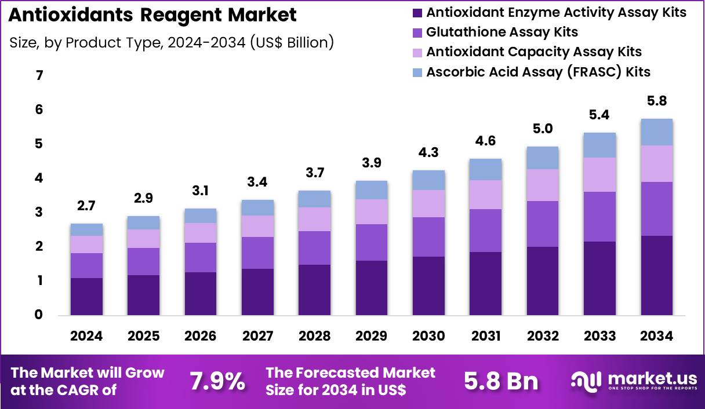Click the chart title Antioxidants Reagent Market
coord(152,16)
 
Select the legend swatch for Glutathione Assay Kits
coord(416,32)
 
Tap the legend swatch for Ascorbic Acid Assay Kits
coord(416,72)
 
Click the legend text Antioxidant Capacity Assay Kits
coord(533,52)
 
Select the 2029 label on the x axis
coord(372,337)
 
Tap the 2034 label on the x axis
coord(657,337)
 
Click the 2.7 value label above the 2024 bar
coord(86,206)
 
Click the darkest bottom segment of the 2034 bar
coord(657,275)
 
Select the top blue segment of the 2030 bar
coord(428,180)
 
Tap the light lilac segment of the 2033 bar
coord(599,174)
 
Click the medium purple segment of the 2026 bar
coord(201,257)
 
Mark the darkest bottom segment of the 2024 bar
coord(86,297)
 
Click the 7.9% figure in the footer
coord(217,381)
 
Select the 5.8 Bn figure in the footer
coord(501,381)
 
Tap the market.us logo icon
coord(587,381)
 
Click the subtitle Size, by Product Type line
coord(172,42)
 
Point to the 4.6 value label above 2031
coord(486,141)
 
